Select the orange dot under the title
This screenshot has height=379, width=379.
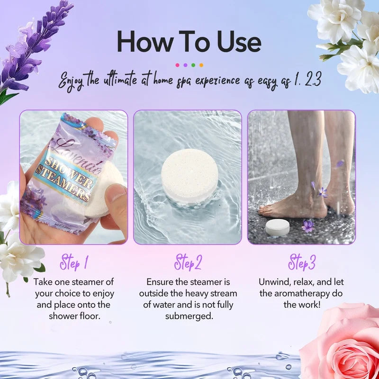coord(201,65)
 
